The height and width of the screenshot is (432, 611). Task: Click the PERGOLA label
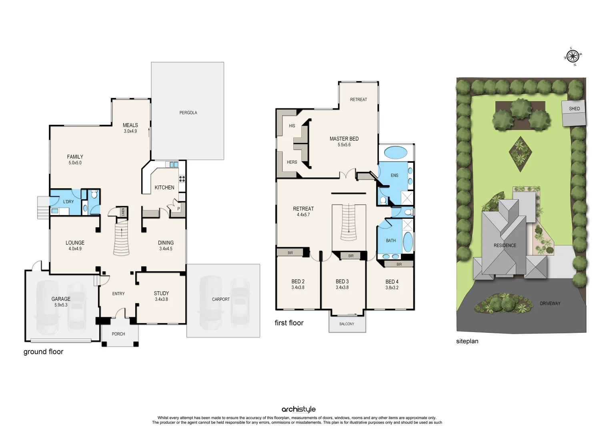coord(188,113)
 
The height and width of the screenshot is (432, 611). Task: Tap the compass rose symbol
coord(573,56)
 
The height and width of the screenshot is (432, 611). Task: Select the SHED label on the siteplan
coord(574,109)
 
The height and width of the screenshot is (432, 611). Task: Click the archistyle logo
coord(298,409)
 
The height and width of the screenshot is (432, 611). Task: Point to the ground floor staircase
coord(122,239)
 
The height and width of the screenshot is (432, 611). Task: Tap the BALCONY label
coord(347,324)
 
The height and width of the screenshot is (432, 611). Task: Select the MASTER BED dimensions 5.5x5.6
coord(344,145)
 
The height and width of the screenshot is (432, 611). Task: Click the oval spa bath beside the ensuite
coord(395,152)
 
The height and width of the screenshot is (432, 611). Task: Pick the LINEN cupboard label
coord(123,212)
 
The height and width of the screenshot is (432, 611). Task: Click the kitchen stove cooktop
coord(182,180)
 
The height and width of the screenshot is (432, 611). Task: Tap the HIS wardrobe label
coord(292,126)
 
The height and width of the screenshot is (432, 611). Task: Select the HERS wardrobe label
coord(292,162)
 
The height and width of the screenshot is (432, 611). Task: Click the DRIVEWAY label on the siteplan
coord(550,304)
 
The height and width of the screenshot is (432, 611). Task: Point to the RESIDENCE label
coord(505,246)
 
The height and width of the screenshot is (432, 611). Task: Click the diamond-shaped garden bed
coord(520,154)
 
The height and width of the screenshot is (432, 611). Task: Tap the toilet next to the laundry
coord(94,194)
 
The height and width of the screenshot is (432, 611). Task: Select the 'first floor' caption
coord(289,323)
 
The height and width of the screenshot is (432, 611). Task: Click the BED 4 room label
coord(392,282)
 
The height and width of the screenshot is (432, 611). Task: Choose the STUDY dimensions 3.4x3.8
coord(161,299)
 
